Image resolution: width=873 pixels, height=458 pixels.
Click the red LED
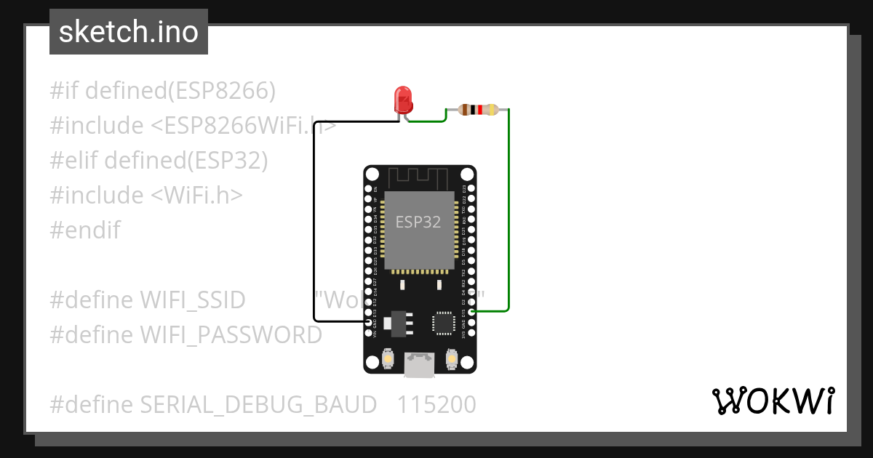[x=402, y=99]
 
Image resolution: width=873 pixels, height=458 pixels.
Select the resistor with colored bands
[x=477, y=110]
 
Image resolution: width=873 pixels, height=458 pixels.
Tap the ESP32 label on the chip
[x=418, y=222]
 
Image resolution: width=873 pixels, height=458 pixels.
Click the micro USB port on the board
[x=420, y=364]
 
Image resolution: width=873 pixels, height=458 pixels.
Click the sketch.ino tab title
[x=129, y=32]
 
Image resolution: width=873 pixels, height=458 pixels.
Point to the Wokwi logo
[x=772, y=401]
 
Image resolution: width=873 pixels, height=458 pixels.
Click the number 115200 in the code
[x=436, y=404]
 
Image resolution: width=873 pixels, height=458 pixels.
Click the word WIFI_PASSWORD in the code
[x=231, y=334]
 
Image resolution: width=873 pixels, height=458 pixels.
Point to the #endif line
[x=85, y=230]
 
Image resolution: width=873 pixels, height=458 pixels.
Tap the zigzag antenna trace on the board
[x=420, y=177]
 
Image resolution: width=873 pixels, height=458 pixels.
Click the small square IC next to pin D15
[x=443, y=323]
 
